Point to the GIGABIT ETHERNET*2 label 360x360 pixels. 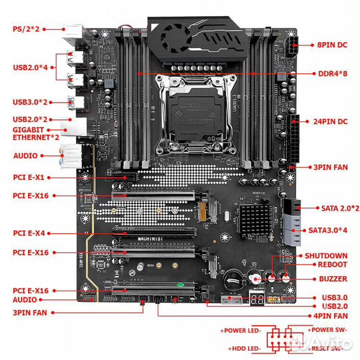coord(31,133)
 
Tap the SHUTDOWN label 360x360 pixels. coord(326,255)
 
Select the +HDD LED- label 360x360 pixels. coord(243,347)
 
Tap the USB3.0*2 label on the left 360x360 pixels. coord(31,102)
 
